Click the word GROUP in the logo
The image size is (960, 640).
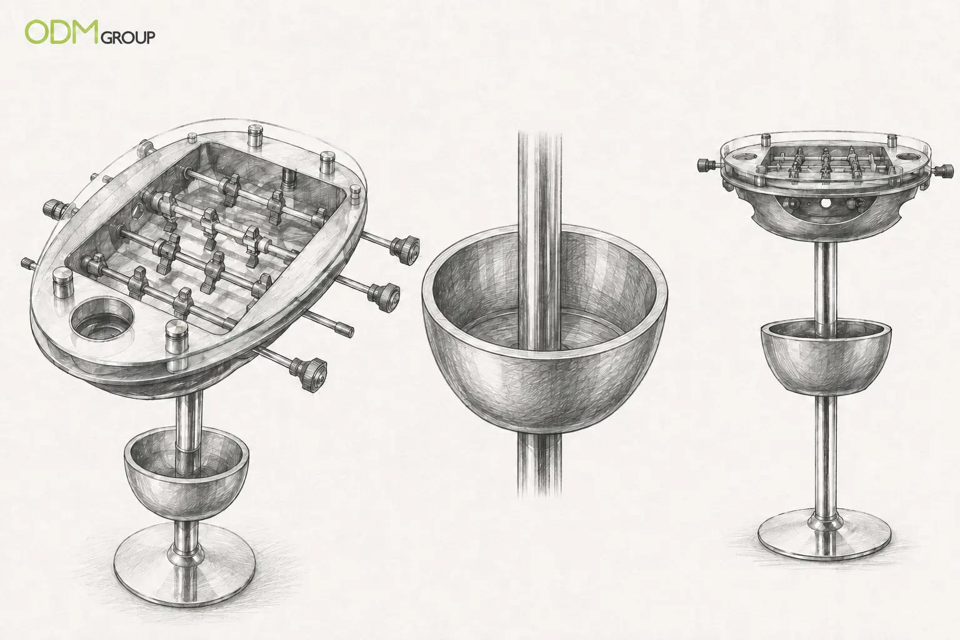pyautogui.click(x=127, y=37)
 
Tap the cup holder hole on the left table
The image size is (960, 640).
pyautogui.click(x=102, y=319)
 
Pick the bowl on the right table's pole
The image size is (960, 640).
pyautogui.click(x=825, y=359)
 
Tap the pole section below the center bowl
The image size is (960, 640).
pyautogui.click(x=539, y=465)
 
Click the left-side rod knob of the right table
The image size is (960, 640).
pyautogui.click(x=706, y=164)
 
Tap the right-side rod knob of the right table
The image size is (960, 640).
pyautogui.click(x=946, y=171)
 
